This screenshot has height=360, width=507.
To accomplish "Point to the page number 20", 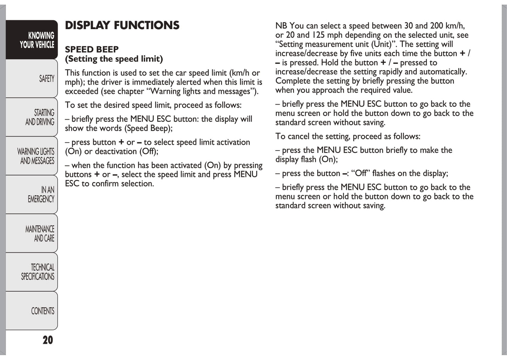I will pos(48,340).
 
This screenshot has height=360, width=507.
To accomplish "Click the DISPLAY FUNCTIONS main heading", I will pos(122,25).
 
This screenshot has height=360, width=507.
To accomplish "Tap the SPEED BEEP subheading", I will pos(92,49).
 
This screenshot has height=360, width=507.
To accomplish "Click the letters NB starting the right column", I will pos(281,26).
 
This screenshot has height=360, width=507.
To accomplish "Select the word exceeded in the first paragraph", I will pos(81,92).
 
